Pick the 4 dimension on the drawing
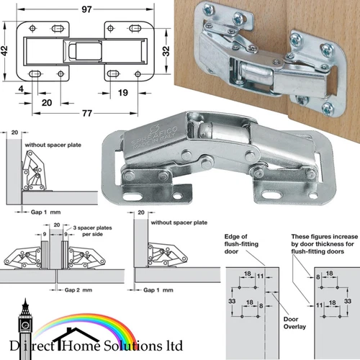23,89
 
